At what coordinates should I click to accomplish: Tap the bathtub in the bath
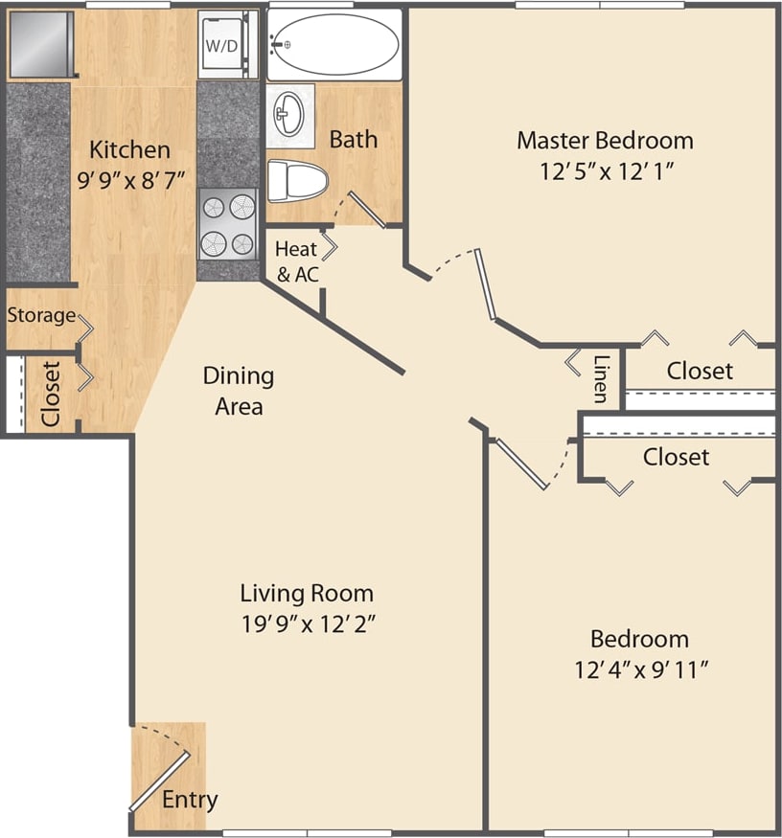[x=333, y=44]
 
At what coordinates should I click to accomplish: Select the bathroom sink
[x=289, y=116]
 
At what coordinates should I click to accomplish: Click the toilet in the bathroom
[x=296, y=179]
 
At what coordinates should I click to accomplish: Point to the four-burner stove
[x=227, y=225]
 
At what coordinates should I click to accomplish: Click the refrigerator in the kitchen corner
[x=39, y=45]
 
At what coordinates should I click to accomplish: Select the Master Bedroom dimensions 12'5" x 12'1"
[x=604, y=171]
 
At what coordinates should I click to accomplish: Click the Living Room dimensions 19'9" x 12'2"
[x=307, y=623]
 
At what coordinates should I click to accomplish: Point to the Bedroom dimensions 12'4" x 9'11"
[x=640, y=668]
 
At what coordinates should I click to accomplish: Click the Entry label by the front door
[x=189, y=799]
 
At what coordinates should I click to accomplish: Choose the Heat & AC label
[x=296, y=260]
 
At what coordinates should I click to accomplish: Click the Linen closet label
[x=601, y=378]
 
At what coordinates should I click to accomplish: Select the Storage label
[x=41, y=315]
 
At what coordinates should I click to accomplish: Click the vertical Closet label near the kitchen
[x=51, y=394]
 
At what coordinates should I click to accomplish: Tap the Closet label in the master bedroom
[x=700, y=371]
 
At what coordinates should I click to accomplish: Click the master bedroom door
[x=487, y=283]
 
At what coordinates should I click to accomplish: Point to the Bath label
[x=354, y=139]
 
